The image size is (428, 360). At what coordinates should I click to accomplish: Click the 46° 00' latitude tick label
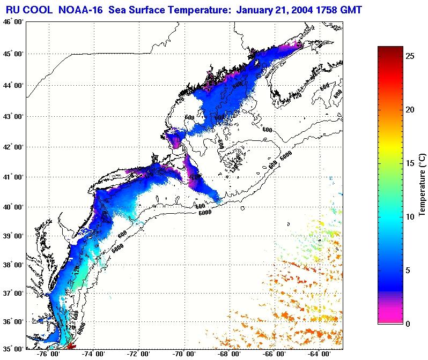pos(12,21)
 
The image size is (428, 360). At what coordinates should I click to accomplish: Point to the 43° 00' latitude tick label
pos(12,116)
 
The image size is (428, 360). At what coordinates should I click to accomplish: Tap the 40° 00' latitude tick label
pos(12,207)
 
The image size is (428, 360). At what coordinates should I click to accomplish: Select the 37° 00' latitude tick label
pos(12,293)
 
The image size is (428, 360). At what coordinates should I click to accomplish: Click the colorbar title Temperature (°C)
pos(423,185)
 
